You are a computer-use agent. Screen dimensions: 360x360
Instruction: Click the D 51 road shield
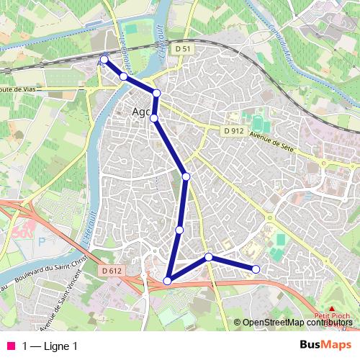coord(182,48)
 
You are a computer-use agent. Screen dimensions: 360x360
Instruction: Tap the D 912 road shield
coord(232,131)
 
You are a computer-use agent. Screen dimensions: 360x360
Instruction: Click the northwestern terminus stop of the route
coord(104,60)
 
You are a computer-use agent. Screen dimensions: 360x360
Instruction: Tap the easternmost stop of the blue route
coord(256,269)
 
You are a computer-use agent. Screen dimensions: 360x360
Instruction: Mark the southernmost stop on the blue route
coord(168,281)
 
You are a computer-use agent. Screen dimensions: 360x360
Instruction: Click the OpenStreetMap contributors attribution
coord(296,323)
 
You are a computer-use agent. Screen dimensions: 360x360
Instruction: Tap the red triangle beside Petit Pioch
coord(332,307)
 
